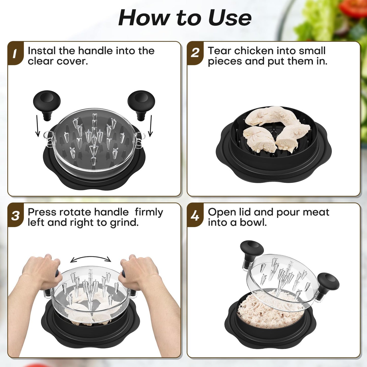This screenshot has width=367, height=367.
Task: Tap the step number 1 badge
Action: [15, 53]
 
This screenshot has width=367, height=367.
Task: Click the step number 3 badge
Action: [15, 216]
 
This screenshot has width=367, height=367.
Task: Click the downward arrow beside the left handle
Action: [38, 126]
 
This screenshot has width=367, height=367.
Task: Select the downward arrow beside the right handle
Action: [151, 126]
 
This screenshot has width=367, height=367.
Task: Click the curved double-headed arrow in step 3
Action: [91, 259]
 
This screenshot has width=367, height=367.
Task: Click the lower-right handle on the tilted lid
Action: [328, 283]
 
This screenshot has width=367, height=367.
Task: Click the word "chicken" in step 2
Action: [254, 51]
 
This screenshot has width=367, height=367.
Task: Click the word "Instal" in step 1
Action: [42, 51]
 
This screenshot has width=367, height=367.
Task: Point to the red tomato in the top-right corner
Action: [354, 8]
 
